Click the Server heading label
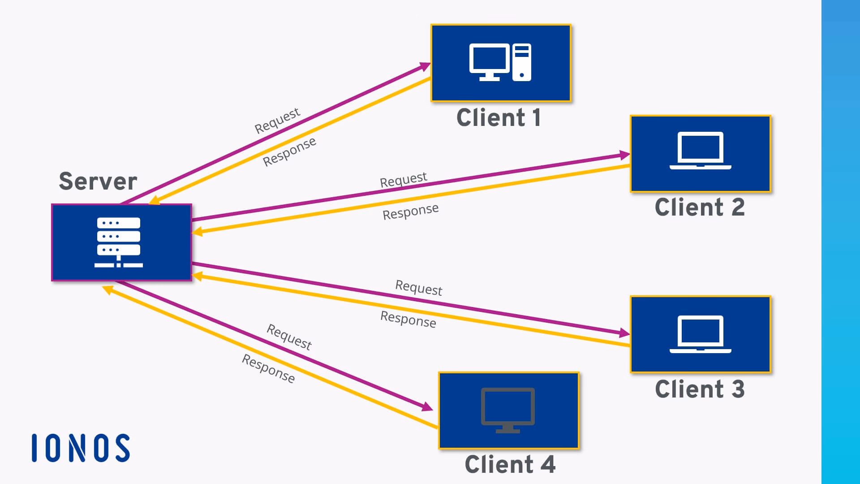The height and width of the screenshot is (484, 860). click(x=98, y=181)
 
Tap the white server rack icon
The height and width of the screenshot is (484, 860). click(x=119, y=242)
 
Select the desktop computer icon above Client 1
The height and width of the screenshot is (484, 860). click(x=500, y=62)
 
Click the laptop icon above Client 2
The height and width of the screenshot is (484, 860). click(x=701, y=151)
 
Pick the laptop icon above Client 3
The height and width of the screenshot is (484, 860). click(x=701, y=334)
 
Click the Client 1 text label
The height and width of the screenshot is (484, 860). click(x=499, y=118)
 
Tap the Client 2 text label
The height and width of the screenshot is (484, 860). click(x=700, y=207)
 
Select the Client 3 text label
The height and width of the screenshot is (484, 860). click(x=700, y=389)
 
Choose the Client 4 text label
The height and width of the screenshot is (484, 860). click(x=510, y=464)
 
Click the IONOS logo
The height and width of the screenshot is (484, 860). click(x=81, y=448)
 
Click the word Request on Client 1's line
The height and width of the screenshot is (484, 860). click(x=277, y=121)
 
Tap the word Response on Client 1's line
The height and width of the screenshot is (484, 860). click(x=289, y=151)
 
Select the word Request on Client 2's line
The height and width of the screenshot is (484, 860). click(x=404, y=180)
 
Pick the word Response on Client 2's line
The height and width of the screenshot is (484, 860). click(x=411, y=212)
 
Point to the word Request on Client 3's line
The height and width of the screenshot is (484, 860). click(x=419, y=288)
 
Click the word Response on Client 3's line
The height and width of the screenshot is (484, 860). click(x=408, y=319)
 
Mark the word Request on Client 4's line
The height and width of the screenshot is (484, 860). click(x=289, y=337)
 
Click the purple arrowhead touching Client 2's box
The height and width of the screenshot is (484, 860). click(x=625, y=155)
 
